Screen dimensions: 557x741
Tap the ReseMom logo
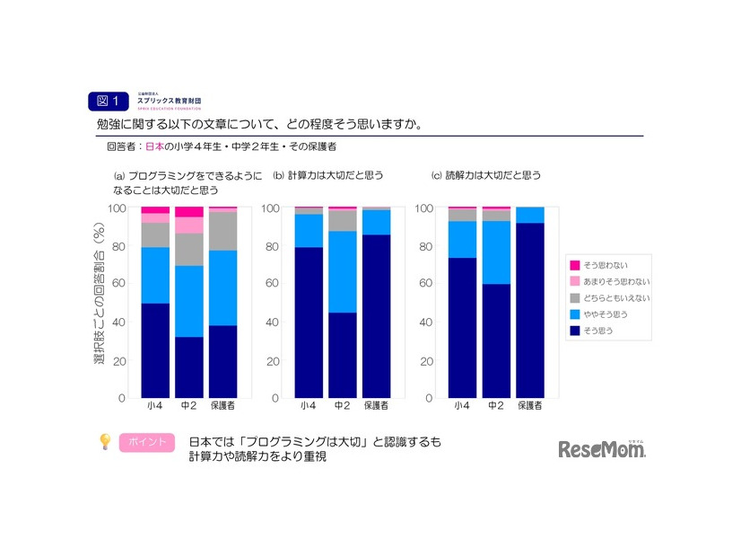[602, 449]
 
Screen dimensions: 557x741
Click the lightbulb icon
[105, 441]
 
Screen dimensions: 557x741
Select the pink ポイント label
[146, 443]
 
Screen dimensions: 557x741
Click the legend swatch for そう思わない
[575, 265]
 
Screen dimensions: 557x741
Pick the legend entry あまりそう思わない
[610, 281]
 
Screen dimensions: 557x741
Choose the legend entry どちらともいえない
[610, 297]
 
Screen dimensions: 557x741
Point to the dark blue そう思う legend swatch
[575, 331]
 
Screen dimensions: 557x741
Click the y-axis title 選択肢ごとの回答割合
[98, 296]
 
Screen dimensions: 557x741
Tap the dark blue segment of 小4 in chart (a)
[155, 350]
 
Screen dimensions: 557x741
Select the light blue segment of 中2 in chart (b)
[342, 271]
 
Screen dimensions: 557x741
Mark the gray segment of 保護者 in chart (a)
[223, 231]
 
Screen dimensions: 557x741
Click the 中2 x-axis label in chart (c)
[496, 406]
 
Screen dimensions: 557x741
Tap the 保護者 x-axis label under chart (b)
[377, 406]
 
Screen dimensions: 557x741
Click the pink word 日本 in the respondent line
[154, 146]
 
